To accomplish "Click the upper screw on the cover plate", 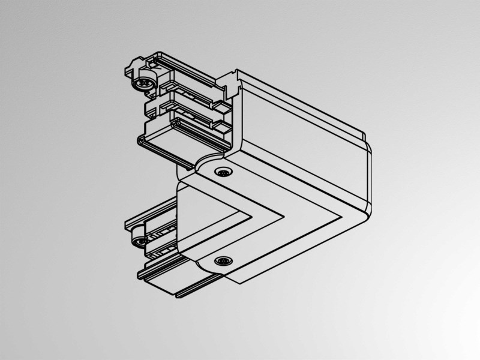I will pos(223,172).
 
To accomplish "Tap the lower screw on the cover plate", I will pos(224,261).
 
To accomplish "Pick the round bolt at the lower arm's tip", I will pos(140,241).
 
